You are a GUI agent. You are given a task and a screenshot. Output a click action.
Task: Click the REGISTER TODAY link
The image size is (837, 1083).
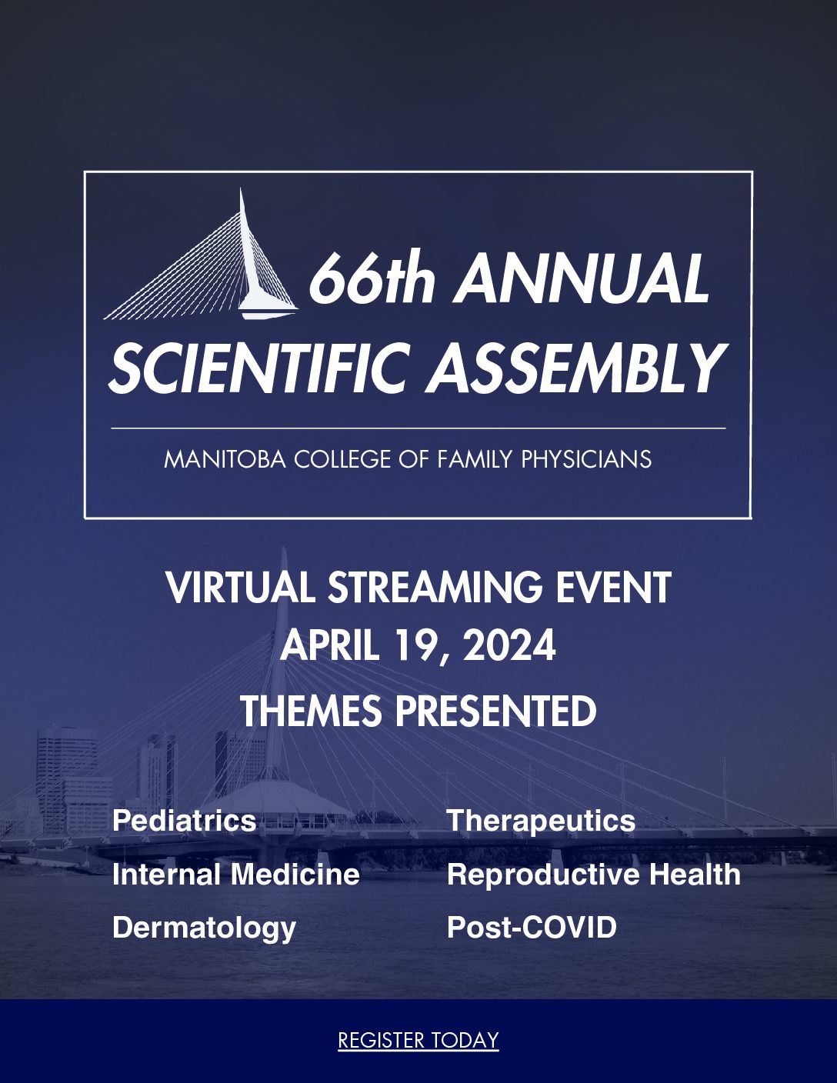pos(418,1040)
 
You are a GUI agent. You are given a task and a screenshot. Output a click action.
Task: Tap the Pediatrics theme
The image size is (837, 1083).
pos(184,821)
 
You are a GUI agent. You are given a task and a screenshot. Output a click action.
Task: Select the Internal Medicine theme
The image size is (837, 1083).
pos(236,875)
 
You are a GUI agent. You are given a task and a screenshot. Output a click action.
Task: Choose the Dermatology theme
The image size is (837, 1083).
pos(205,928)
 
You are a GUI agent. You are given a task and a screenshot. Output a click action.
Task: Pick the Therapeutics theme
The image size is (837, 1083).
pos(542,821)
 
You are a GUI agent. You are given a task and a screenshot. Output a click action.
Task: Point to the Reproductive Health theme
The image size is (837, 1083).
pos(594,875)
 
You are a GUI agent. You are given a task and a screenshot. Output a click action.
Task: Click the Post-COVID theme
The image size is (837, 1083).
pos(532,928)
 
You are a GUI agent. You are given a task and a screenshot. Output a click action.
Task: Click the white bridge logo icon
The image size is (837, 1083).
pos(202,254)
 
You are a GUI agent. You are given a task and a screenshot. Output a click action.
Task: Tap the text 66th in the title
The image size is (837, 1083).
pos(372,278)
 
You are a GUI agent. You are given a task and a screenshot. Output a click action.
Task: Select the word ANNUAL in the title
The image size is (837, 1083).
pos(581,278)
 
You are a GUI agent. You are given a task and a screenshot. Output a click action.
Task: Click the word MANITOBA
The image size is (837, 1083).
pos(225,458)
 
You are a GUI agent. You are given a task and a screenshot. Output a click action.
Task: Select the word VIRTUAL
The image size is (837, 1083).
pos(241,588)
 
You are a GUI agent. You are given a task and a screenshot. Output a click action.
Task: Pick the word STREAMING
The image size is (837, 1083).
pos(435,588)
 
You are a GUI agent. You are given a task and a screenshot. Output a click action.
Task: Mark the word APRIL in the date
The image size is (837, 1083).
pos(329,645)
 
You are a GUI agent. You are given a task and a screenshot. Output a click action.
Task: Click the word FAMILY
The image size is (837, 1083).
pos(475,458)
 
